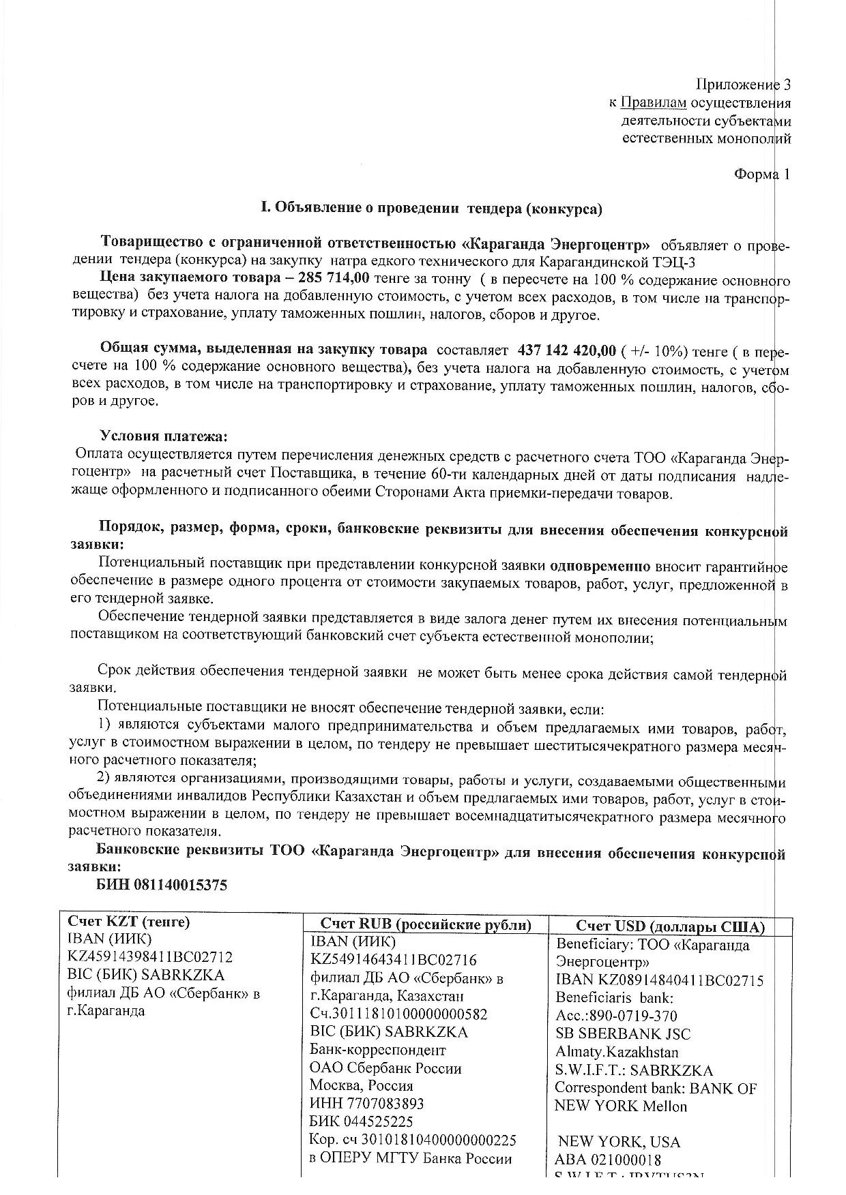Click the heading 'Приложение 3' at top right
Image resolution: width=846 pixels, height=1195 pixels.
pos(743,85)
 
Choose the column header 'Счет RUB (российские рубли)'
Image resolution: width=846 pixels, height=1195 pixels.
pos(426,924)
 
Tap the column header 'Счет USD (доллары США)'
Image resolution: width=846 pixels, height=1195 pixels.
pos(670,926)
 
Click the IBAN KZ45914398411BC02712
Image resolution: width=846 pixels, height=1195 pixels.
pos(150,957)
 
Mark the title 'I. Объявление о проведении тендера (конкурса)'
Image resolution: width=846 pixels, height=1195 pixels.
pos(432,209)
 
